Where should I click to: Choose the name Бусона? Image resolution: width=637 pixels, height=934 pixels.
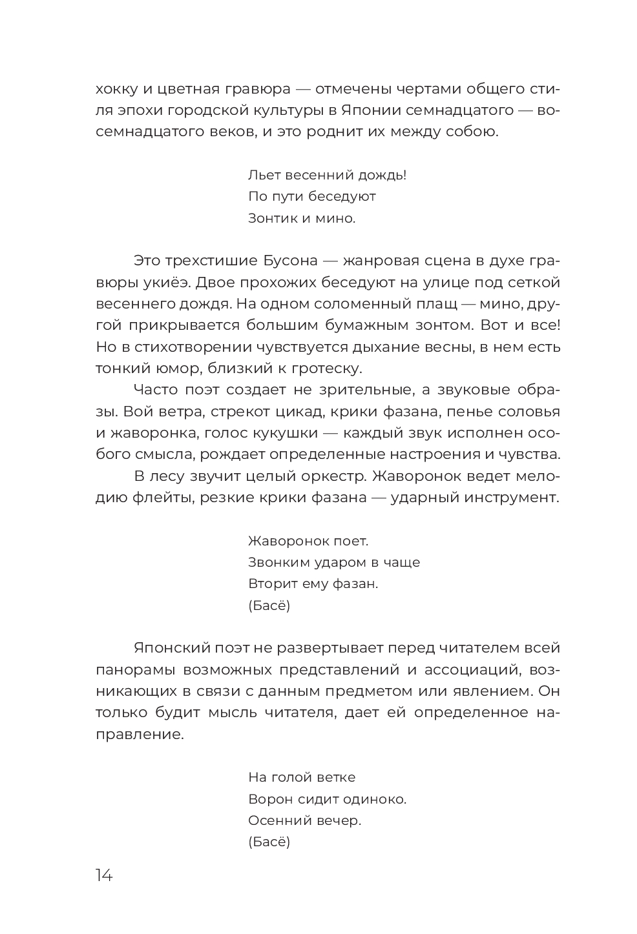point(291,261)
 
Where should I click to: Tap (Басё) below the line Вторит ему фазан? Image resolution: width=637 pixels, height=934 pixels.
point(269,605)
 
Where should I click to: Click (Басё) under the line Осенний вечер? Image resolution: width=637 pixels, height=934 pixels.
point(269,842)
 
